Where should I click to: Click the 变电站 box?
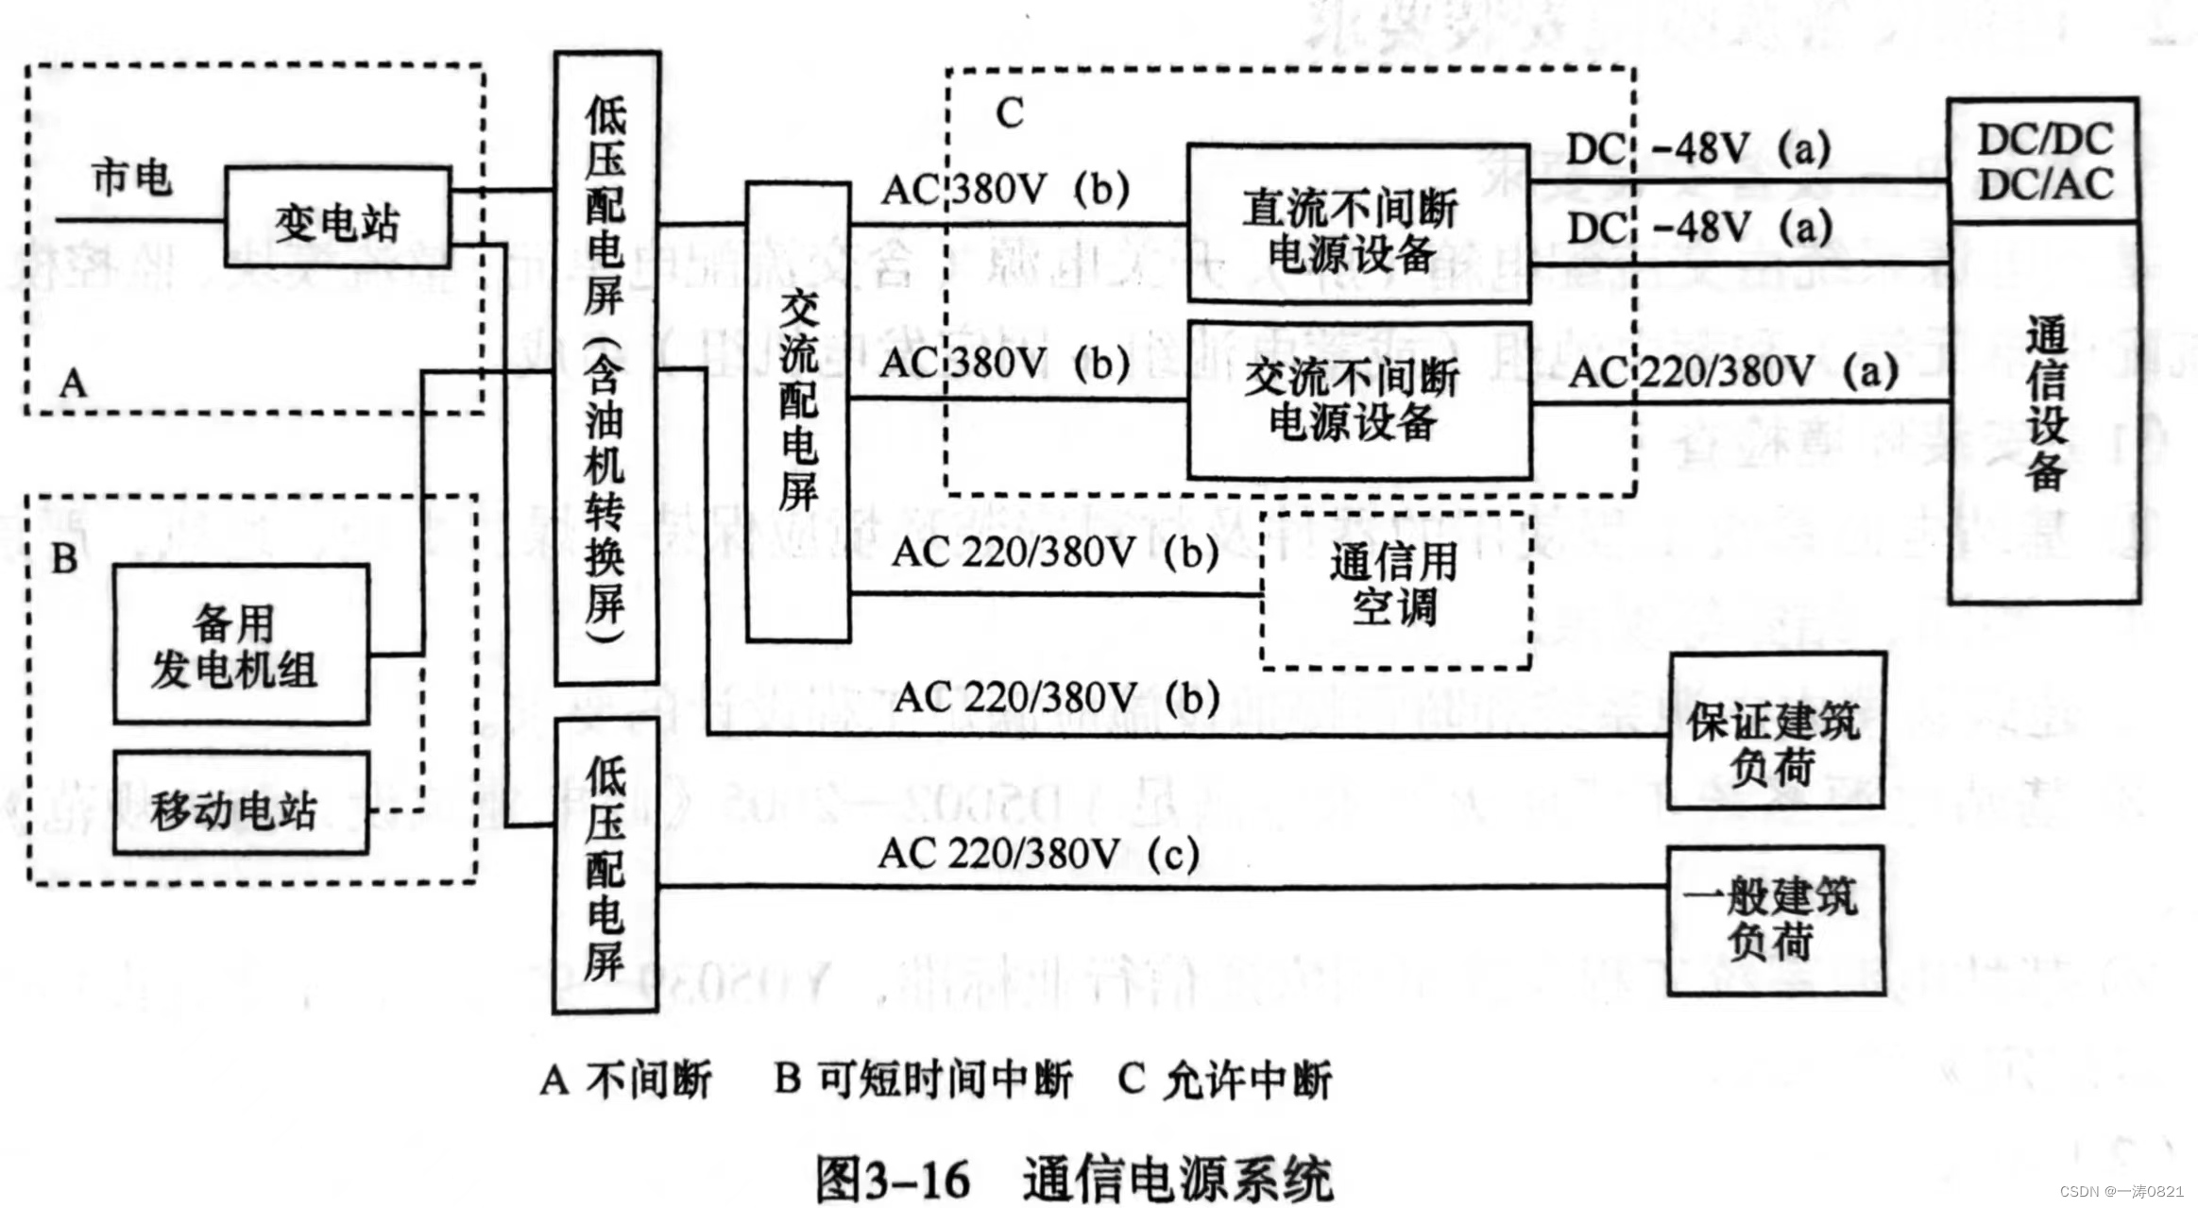click(337, 217)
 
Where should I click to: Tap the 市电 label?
click(131, 177)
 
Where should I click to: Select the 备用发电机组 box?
click(240, 644)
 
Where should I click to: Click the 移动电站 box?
click(240, 804)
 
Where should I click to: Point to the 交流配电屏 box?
click(798, 412)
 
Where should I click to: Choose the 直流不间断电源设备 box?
click(1357, 224)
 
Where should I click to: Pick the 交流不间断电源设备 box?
click(1357, 400)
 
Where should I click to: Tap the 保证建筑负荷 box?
click(1775, 730)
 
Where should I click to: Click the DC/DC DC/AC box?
click(2044, 161)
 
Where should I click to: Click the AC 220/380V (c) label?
click(1038, 854)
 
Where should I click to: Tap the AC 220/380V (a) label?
click(1732, 372)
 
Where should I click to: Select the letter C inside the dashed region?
click(1009, 113)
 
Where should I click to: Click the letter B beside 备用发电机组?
click(64, 558)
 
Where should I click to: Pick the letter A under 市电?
click(74, 383)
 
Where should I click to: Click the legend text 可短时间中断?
click(944, 1079)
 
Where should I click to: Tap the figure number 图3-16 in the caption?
click(893, 1179)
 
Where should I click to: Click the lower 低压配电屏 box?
click(605, 865)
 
